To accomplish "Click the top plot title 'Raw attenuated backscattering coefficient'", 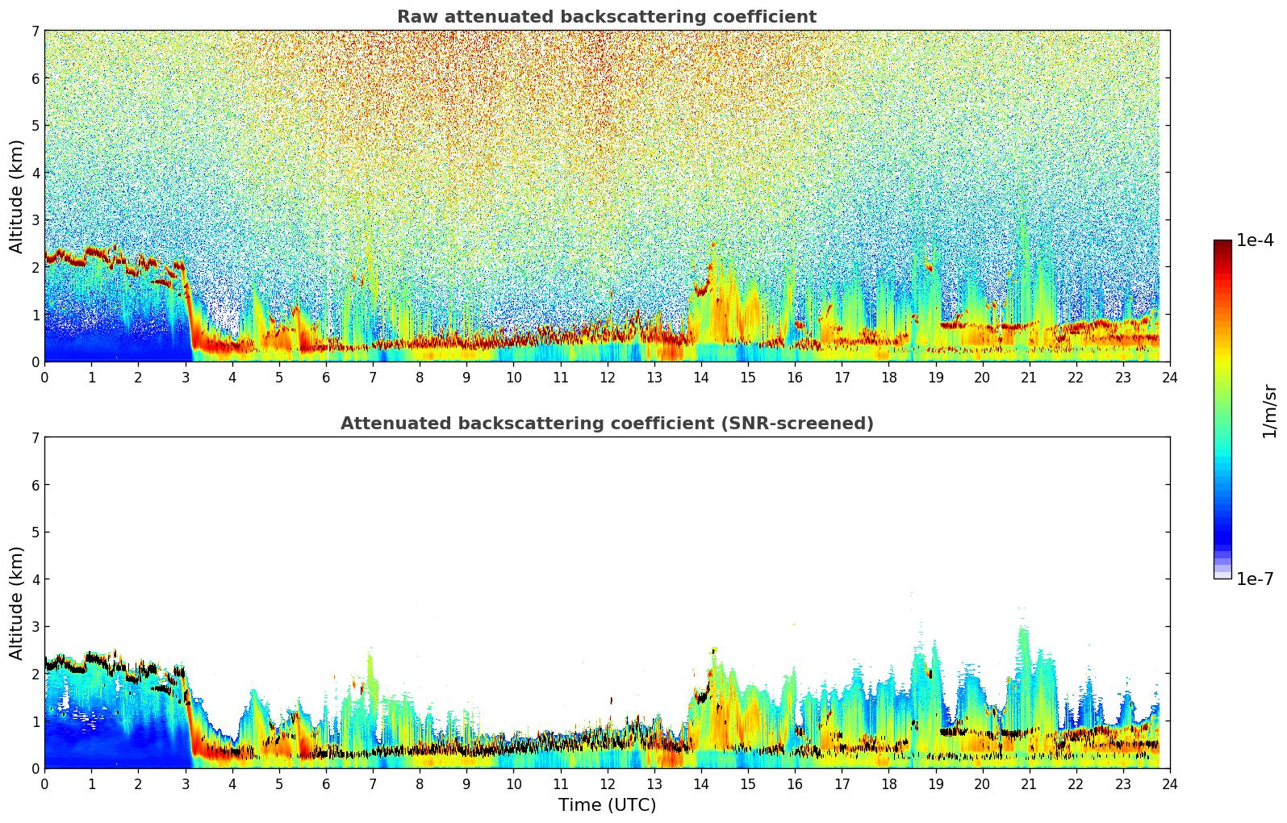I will pos(606,17).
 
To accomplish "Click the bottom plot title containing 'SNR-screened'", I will pos(606,424).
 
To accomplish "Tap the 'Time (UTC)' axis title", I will pos(607,805).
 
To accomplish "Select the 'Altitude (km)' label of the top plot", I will pos(17,196).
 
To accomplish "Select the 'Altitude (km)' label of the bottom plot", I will pos(17,603).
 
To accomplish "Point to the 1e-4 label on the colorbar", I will pos(1255,240).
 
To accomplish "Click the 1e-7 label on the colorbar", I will pos(1255,579).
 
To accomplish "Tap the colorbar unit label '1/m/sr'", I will pos(1269,411).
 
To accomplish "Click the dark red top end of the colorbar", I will pos(1222,243).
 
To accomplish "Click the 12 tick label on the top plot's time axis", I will pos(607,378).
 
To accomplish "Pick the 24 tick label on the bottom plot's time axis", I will pos(1169,784).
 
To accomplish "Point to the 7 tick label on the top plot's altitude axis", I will pos(35,31).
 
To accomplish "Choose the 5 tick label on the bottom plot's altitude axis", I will pos(35,533).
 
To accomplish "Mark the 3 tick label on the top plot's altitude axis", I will pos(35,220).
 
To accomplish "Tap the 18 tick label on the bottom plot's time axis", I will pos(888,784).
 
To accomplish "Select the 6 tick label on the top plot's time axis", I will pos(326,378).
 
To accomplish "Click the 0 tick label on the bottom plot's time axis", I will pos(44,784).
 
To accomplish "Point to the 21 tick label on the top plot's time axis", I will pos(1029,378).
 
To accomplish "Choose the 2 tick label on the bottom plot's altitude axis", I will pos(35,674).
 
